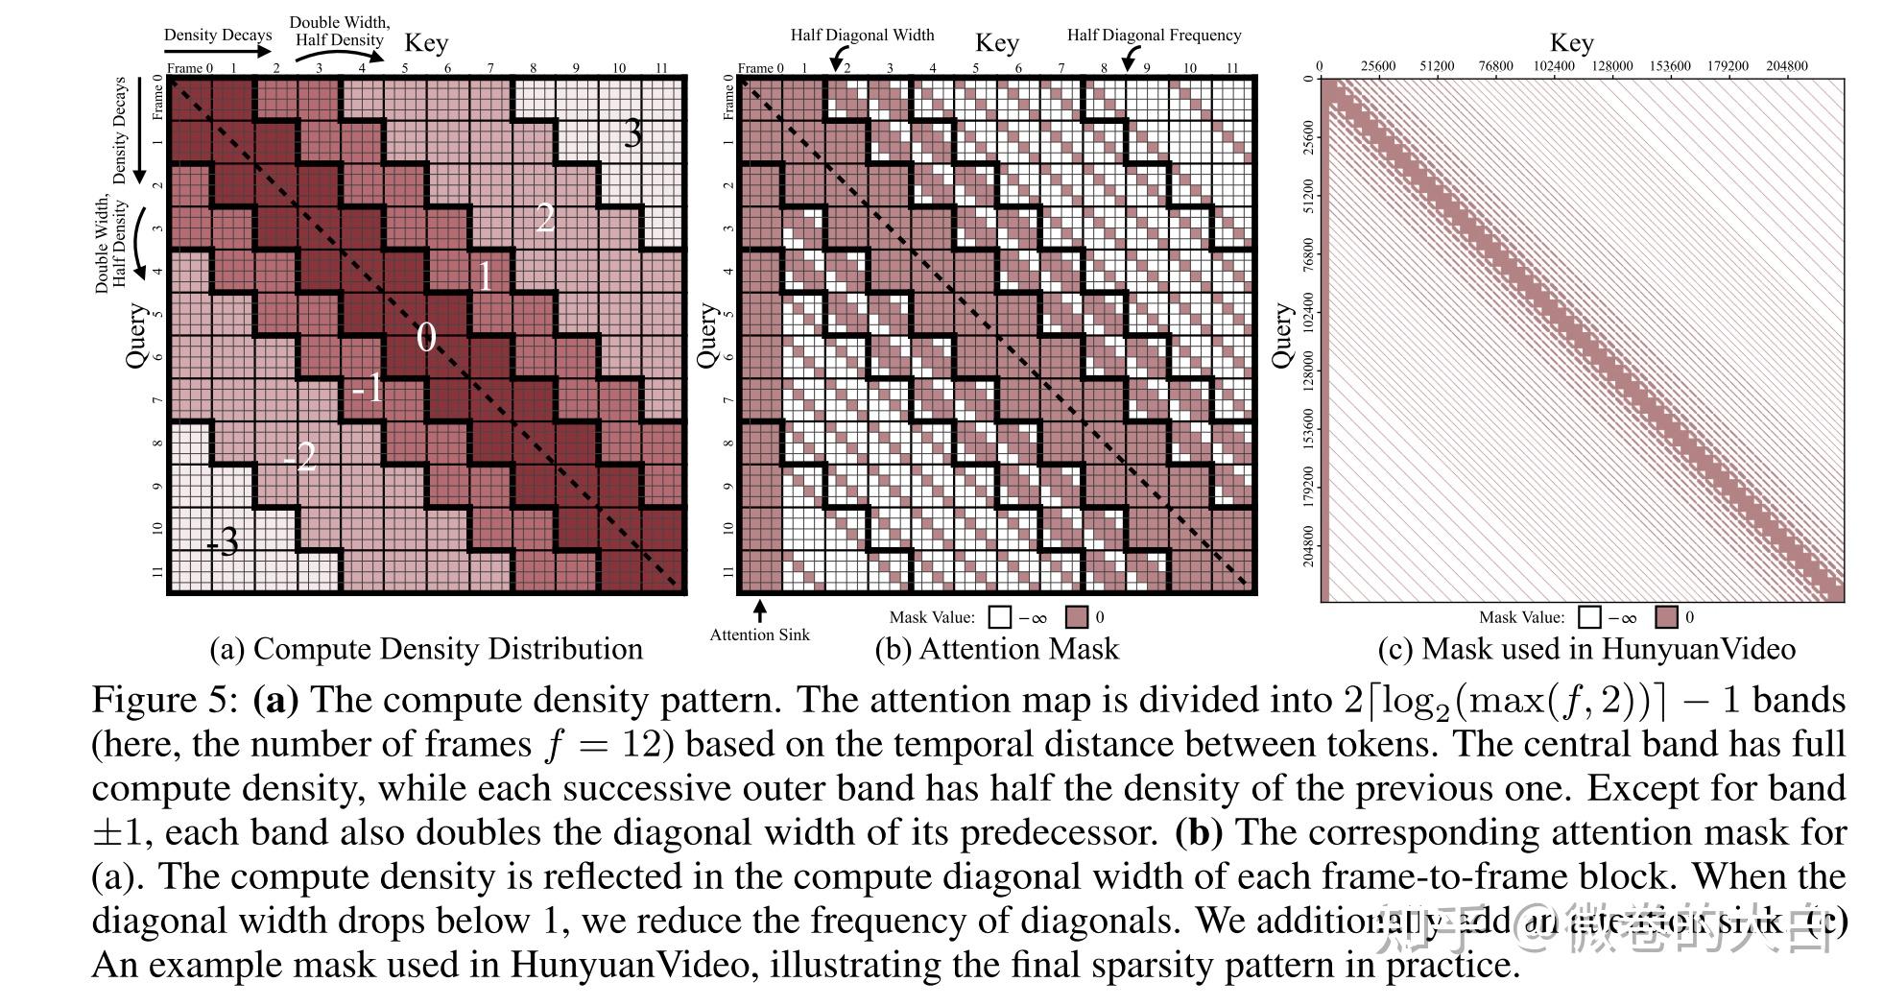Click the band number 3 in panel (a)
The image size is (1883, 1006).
click(632, 132)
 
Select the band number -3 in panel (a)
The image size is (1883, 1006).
click(223, 542)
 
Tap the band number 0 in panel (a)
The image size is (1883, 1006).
click(426, 337)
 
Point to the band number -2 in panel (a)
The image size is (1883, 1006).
click(299, 456)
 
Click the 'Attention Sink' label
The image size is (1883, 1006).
click(759, 635)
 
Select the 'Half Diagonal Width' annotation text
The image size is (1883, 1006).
click(862, 36)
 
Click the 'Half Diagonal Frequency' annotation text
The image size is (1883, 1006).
click(1154, 36)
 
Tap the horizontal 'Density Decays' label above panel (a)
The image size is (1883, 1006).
click(218, 36)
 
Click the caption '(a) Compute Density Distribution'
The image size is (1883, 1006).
click(426, 650)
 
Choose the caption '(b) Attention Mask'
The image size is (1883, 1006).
click(996, 650)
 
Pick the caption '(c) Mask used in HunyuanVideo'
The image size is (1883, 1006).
click(1585, 650)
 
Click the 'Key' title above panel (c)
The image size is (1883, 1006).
click(1571, 43)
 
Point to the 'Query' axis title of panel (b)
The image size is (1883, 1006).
click(707, 336)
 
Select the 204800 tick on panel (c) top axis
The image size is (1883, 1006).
click(1786, 66)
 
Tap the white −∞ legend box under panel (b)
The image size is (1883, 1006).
click(1000, 617)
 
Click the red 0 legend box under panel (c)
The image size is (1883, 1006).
click(1667, 617)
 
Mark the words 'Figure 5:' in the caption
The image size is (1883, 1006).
click(164, 700)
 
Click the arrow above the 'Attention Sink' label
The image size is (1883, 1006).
click(760, 610)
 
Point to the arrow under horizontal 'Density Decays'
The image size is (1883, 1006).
click(218, 55)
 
